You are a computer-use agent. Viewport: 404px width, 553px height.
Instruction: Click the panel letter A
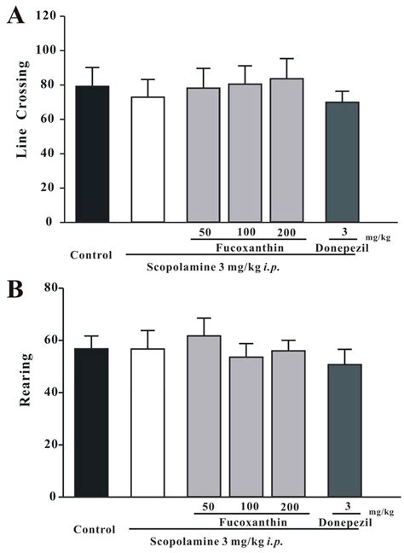tap(14, 16)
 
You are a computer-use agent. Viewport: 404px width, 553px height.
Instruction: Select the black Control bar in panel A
tap(92, 154)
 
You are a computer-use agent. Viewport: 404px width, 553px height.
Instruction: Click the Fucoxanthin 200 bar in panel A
tap(288, 150)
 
